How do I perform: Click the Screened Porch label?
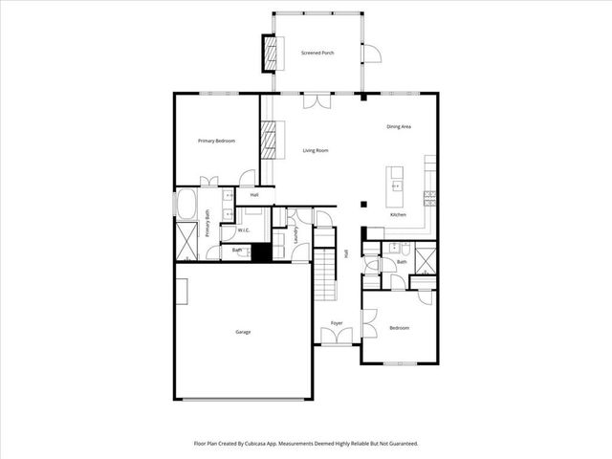click(316, 53)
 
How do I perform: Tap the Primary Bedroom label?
click(216, 141)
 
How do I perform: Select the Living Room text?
click(316, 150)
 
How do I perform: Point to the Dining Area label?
click(399, 126)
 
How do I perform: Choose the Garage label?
click(243, 331)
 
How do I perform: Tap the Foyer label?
click(337, 323)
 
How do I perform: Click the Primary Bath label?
click(208, 229)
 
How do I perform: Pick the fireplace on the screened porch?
click(271, 53)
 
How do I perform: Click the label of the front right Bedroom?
click(399, 328)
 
